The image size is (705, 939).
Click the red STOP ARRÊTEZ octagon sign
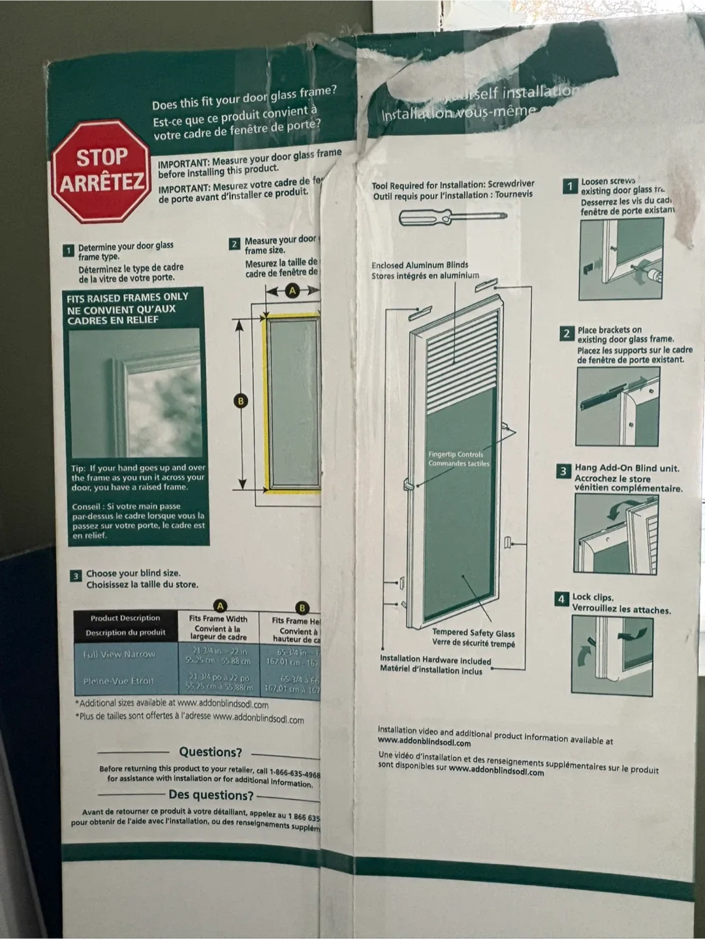click(101, 171)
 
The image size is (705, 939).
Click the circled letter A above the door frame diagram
click(292, 291)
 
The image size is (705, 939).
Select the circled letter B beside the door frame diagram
click(241, 401)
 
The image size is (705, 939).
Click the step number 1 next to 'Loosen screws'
click(569, 186)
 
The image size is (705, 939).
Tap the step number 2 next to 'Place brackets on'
click(567, 334)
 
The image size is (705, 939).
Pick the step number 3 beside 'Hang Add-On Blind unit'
click(563, 471)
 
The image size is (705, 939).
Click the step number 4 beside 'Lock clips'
click(561, 599)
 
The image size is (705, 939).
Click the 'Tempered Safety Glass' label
click(473, 633)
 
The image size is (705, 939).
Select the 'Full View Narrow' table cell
click(119, 654)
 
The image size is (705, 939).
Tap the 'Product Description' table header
click(125, 618)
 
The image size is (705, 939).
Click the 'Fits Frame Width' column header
click(218, 619)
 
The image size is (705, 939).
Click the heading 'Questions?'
click(210, 752)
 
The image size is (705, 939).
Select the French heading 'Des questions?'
click(211, 795)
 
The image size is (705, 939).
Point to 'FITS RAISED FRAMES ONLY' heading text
click(127, 298)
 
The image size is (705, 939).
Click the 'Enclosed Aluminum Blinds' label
click(420, 265)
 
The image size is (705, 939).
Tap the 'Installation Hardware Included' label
click(435, 660)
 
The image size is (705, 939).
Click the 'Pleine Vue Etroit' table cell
click(118, 681)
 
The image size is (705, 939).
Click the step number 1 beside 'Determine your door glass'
click(69, 250)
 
